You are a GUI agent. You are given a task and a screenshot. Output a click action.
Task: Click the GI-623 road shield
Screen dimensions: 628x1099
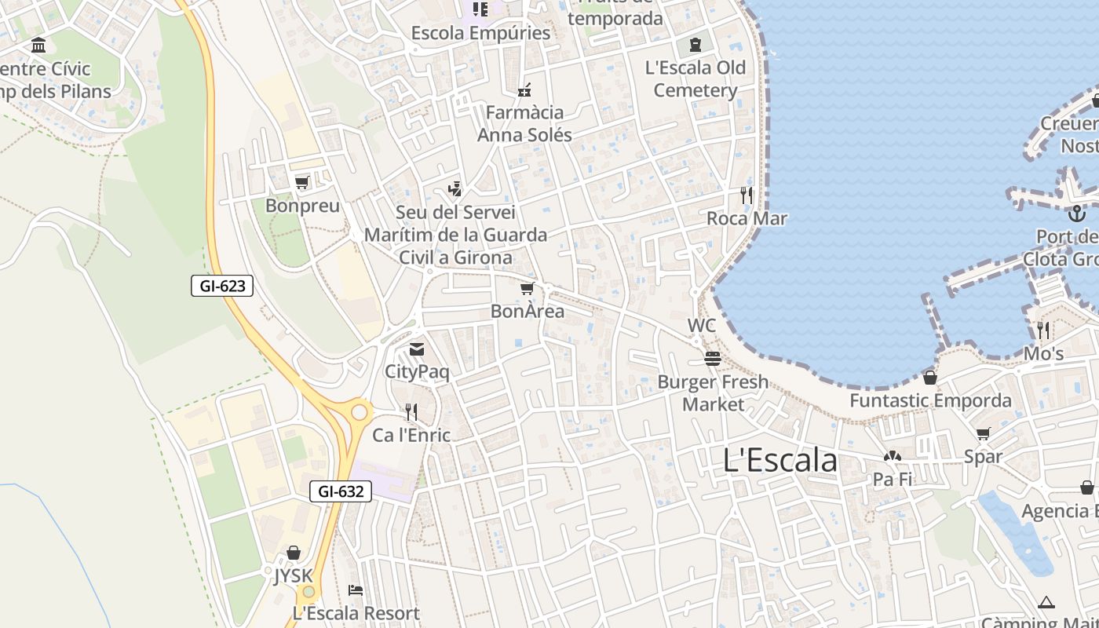coord(222,286)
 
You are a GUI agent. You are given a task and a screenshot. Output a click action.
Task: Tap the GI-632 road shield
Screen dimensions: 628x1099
coord(340,491)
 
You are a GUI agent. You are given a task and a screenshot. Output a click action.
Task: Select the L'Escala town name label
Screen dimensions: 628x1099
coord(780,460)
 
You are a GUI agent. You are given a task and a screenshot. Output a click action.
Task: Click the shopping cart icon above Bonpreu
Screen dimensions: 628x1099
coord(301,183)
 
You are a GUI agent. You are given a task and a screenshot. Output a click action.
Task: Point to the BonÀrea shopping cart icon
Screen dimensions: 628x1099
coord(528,289)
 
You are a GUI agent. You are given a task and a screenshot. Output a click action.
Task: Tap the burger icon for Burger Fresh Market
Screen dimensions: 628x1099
coord(713,359)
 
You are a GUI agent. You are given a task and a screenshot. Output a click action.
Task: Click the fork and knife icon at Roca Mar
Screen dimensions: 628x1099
coord(747,195)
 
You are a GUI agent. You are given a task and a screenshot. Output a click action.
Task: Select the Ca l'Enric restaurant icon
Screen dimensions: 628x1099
coord(411,411)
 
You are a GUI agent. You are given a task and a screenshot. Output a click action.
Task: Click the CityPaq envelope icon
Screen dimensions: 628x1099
coord(417,349)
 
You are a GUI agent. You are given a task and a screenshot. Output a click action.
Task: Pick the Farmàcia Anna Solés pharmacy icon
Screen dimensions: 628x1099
coord(524,90)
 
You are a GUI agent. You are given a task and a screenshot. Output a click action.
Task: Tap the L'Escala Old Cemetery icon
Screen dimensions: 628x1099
coord(696,44)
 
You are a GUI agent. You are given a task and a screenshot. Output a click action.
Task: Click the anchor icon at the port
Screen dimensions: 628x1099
coord(1077,213)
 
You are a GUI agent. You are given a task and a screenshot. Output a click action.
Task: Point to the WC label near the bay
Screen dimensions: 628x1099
coord(702,325)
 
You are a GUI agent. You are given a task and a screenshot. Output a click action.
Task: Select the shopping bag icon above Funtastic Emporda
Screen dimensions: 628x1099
coord(930,378)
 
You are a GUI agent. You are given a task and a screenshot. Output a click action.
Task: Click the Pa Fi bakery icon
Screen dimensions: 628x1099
coord(893,456)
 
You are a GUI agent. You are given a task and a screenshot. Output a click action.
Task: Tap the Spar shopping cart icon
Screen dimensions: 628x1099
coord(984,433)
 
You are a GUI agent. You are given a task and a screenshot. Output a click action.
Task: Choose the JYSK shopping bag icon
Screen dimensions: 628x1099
coord(294,553)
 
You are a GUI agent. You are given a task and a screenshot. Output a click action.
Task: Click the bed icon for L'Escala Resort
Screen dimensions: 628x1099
coord(356,590)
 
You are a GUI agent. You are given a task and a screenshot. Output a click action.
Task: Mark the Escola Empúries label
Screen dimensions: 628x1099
coord(480,33)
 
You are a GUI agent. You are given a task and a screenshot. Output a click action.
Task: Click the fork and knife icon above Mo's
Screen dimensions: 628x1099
coord(1043,330)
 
